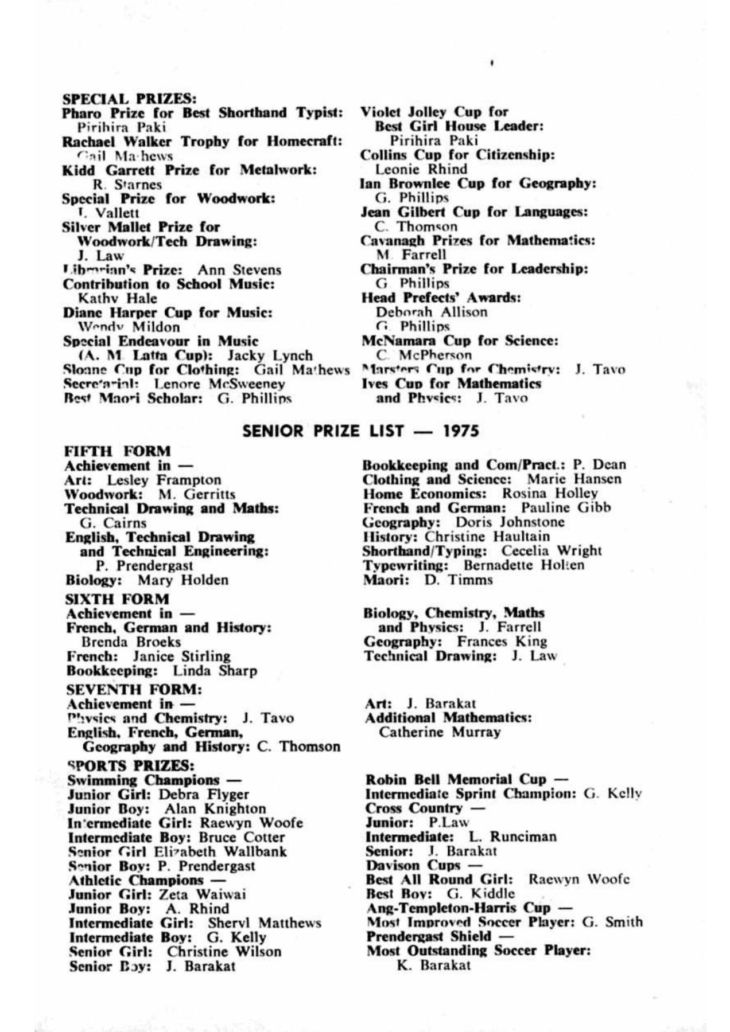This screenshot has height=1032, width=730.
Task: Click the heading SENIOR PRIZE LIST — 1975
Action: click(x=360, y=431)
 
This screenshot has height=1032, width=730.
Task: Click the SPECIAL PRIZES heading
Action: click(x=129, y=98)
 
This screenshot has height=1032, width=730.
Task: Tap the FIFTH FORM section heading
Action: click(x=118, y=451)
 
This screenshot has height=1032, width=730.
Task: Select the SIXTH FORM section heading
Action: click(x=117, y=599)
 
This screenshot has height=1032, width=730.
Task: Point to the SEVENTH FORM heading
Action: click(x=134, y=689)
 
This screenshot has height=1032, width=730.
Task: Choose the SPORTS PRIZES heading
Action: click(x=131, y=765)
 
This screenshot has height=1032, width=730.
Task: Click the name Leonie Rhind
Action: click(x=421, y=169)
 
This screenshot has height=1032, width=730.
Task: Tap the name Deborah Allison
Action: click(x=432, y=312)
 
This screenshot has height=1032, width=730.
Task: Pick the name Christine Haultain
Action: click(x=487, y=537)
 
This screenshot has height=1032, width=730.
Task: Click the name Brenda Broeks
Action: click(x=131, y=642)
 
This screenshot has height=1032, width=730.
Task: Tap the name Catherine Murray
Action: click(x=440, y=732)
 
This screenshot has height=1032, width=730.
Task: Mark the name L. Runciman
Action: click(x=512, y=836)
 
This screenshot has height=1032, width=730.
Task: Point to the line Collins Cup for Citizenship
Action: click(x=457, y=155)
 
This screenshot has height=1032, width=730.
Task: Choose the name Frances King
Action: click(x=502, y=642)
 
